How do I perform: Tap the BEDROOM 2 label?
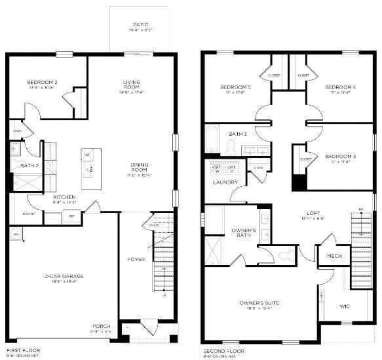pos(43,83)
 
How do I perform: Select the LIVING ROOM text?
pos(132,85)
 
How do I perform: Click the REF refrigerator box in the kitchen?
pos(71,216)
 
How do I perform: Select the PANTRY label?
pos(28,214)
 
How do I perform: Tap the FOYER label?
pos(136,260)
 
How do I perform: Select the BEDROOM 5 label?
pos(235,87)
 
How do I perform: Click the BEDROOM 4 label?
pos(341,87)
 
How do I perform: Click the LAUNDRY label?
pos(224,182)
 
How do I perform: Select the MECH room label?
pos(334,256)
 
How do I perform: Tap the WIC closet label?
pos(345,306)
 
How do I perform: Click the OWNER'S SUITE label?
pos(260,304)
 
